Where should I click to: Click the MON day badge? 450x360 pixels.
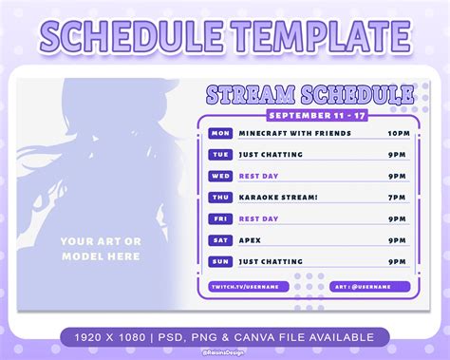tap(220, 133)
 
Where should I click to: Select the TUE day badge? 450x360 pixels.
tap(220, 154)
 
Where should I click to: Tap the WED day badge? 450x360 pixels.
tap(220, 176)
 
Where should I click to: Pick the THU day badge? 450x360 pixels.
tap(220, 198)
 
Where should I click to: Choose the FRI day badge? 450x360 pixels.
tap(220, 218)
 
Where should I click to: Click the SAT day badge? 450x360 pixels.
tap(220, 240)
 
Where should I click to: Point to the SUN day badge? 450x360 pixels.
tap(220, 261)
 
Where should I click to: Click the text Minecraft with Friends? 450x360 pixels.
tap(282, 133)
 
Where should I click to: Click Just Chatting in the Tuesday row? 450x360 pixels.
tap(271, 154)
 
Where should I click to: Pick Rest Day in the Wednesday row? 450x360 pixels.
tap(259, 176)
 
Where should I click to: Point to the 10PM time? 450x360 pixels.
tap(399, 133)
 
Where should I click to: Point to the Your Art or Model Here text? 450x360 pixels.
tap(101, 248)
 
